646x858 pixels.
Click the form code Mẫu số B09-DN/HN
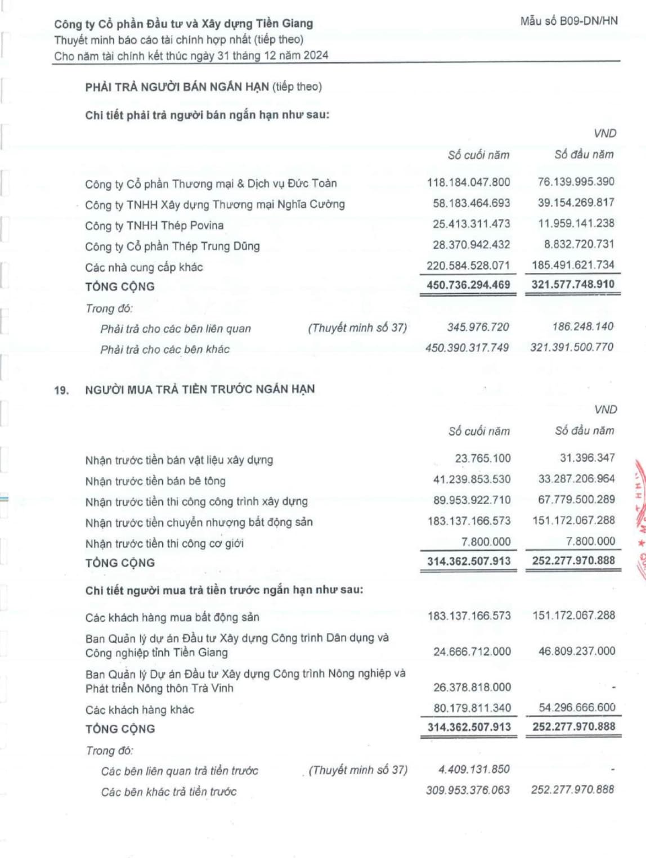coord(569,21)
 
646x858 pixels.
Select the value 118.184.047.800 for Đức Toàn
coord(468,182)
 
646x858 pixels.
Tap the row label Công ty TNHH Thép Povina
coord(154,226)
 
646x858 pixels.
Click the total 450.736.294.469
coord(468,285)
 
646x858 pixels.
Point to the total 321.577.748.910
coord(573,284)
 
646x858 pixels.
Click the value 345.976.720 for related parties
coord(478,327)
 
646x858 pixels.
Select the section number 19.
coord(61,390)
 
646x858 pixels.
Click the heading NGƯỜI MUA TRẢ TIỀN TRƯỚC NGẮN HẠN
coord(200,389)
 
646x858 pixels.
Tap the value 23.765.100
coord(483,459)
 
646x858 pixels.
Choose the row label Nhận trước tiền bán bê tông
coord(155,481)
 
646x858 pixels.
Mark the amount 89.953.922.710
coord(472,500)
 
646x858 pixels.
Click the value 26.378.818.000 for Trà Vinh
coord(472,688)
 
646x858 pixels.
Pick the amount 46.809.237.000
coord(577,652)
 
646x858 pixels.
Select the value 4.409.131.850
coord(474,770)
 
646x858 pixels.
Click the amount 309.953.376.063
coord(468,790)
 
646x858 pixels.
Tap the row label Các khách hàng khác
coord(140,710)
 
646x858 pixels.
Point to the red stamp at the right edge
coord(639,518)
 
